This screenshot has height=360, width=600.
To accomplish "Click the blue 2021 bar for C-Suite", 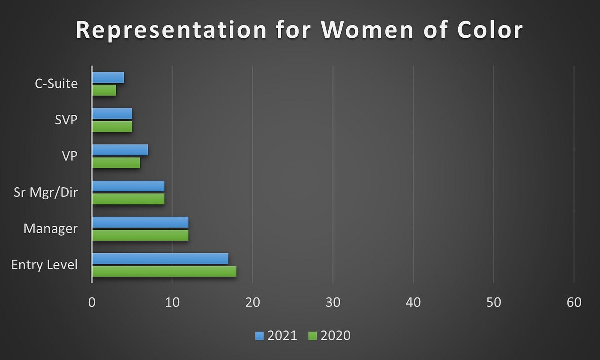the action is (x=108, y=78).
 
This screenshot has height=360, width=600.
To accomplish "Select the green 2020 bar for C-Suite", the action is (x=104, y=90).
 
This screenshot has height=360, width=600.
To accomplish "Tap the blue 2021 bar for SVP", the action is (x=112, y=114).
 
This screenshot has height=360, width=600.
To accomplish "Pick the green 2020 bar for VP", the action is (x=116, y=162).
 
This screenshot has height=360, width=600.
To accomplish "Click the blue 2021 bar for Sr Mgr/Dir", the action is (x=128, y=186).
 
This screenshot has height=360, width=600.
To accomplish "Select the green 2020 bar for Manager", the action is (x=141, y=235).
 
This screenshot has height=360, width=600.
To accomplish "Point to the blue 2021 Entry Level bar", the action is (x=160, y=258).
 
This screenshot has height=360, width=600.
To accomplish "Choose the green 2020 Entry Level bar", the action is (x=165, y=271).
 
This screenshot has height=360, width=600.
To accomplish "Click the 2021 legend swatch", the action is (x=259, y=336).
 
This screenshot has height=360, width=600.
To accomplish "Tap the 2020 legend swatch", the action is (x=312, y=336).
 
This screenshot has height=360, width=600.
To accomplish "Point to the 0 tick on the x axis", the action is (x=92, y=303).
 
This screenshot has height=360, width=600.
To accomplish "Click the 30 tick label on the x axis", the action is (x=333, y=303).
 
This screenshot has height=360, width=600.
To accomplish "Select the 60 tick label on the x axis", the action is (x=574, y=303).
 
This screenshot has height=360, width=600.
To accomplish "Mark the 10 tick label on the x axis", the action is (x=172, y=303).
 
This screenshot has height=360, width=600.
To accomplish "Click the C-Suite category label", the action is (x=56, y=84).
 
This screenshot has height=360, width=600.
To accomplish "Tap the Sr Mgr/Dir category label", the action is (x=46, y=192).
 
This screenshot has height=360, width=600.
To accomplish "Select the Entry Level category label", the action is (x=45, y=265).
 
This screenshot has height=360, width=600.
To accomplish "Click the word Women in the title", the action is (x=368, y=30).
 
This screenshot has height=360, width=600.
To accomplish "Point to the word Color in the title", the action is (x=490, y=30).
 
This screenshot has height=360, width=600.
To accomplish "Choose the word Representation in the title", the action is (x=171, y=30).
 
